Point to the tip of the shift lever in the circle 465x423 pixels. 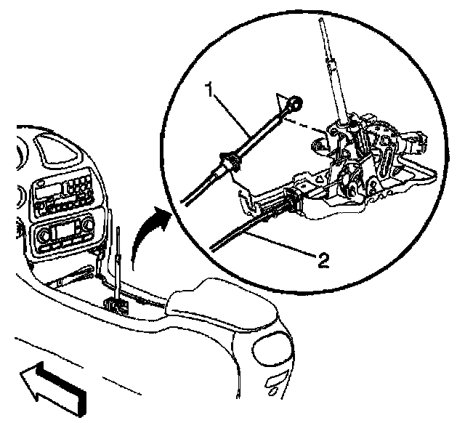coord(323,22)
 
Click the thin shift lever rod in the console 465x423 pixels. coord(117,262)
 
